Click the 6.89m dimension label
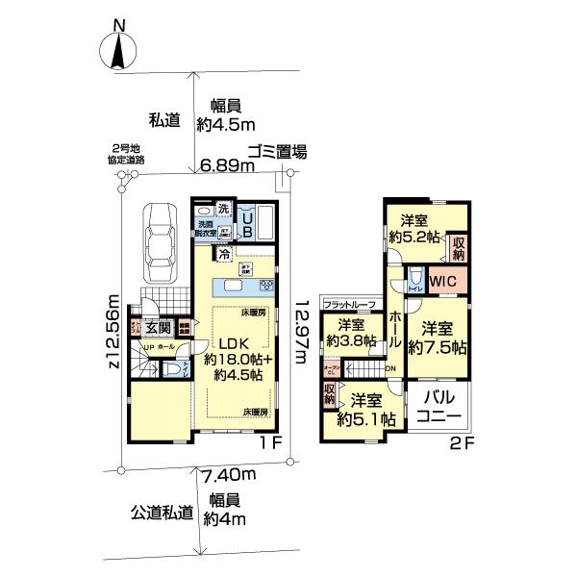[x=227, y=166]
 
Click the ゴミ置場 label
[x=276, y=150]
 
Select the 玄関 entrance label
[x=159, y=328]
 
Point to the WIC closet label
[x=442, y=280]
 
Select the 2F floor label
[x=459, y=443]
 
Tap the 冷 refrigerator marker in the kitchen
[x=224, y=255]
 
